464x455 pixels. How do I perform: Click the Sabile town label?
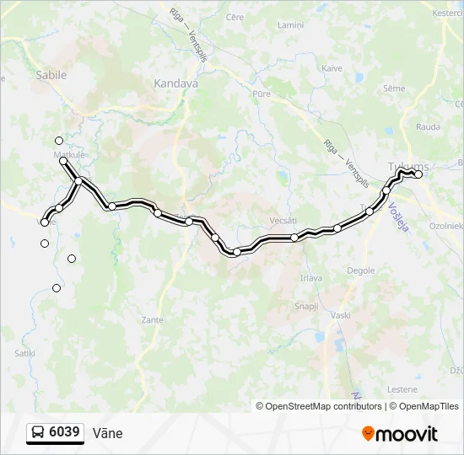tap(51, 75)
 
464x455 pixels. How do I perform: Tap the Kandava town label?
tap(175, 83)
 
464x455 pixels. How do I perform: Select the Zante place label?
tap(153, 320)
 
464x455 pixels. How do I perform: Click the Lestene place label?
tap(403, 389)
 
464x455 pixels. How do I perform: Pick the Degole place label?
tap(361, 270)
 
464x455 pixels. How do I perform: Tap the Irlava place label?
tap(310, 278)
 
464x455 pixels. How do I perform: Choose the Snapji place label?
tap(305, 307)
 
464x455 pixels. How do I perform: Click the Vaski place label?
tap(341, 315)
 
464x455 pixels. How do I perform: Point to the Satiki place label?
tap(24, 353)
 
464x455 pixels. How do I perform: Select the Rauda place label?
tap(428, 127)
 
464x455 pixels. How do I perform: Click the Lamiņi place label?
tap(291, 25)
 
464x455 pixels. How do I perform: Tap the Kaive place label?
tap(332, 68)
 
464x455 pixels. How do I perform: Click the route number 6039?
tap(65, 432)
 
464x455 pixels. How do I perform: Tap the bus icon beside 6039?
tap(38, 433)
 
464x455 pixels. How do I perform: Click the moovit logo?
tap(400, 434)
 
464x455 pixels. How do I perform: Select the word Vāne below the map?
tap(108, 433)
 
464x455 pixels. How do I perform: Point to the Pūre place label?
tap(262, 94)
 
